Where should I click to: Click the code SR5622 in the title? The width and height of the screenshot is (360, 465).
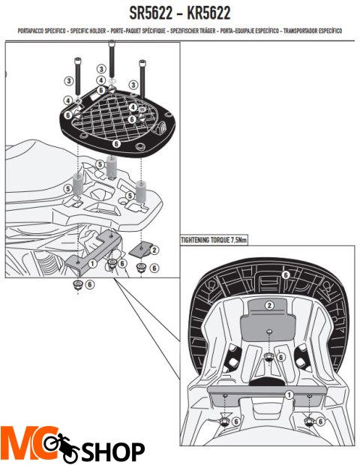click(151, 13)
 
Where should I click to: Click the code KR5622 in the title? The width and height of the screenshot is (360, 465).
click(208, 13)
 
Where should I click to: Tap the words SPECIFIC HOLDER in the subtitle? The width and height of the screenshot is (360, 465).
click(88, 31)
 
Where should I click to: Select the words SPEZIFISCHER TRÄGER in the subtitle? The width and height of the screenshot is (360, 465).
click(193, 31)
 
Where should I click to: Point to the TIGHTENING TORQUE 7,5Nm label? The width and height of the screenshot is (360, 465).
click(214, 240)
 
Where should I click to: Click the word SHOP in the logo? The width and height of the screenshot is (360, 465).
click(113, 452)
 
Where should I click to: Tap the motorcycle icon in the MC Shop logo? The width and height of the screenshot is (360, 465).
click(61, 447)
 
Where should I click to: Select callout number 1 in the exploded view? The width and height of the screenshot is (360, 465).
click(92, 263)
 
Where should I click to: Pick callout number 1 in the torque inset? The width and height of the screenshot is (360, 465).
click(289, 394)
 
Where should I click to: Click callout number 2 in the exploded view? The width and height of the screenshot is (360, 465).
click(154, 250)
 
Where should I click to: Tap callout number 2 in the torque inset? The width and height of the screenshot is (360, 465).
click(269, 305)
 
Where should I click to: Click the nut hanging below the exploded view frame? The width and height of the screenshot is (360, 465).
click(78, 285)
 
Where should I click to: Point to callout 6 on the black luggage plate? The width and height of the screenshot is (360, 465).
click(116, 143)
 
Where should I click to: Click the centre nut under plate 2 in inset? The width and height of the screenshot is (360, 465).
click(268, 358)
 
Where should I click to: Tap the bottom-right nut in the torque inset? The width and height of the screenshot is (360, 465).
click(310, 421)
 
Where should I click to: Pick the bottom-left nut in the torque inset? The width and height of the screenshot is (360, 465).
click(225, 421)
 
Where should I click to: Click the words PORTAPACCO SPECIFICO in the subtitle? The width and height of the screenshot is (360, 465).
click(41, 31)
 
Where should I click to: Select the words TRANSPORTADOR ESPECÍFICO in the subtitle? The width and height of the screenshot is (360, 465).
click(313, 31)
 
